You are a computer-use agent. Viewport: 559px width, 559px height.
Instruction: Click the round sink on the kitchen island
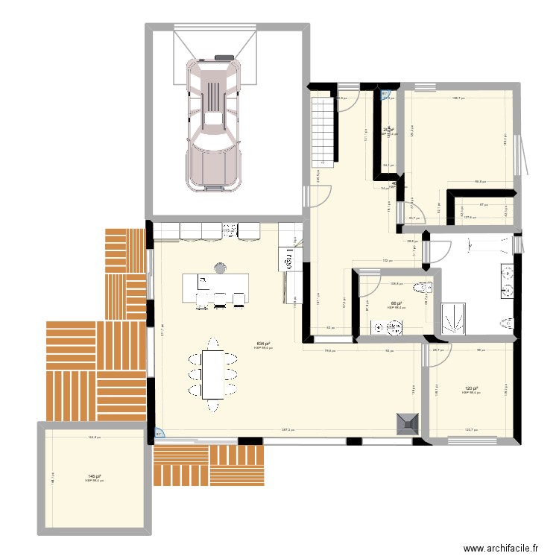coord(221,268)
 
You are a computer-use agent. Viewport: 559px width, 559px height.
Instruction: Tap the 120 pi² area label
coord(470,388)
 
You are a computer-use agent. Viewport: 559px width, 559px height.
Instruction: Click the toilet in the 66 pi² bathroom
coord(426,288)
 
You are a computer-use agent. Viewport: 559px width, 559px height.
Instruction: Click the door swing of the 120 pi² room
coord(439,354)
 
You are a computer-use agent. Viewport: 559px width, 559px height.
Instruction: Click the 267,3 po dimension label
coord(288,430)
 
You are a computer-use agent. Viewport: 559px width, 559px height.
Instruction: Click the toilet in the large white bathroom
coord(508,323)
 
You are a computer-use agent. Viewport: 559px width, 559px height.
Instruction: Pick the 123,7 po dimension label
coord(470,430)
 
